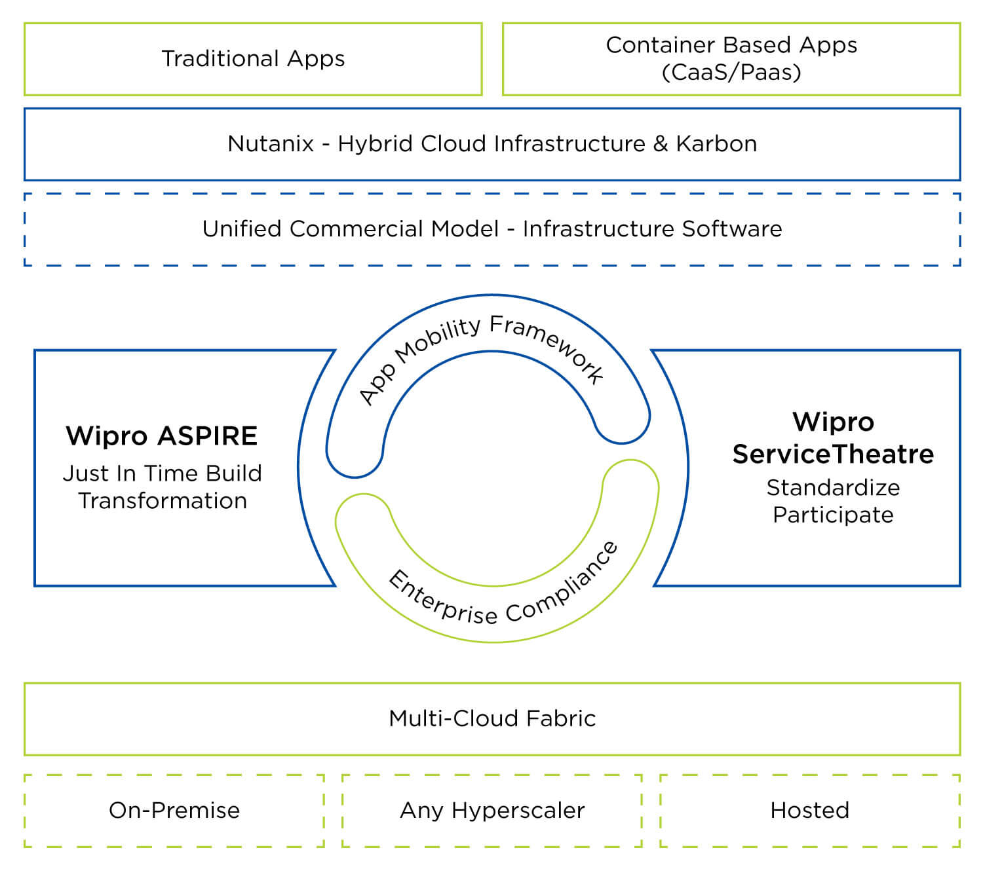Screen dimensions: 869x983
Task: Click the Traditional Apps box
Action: [253, 59]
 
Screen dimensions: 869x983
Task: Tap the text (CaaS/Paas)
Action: [731, 72]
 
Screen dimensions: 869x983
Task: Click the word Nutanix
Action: [271, 144]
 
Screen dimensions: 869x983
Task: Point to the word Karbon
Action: [716, 144]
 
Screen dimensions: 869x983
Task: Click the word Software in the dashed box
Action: [732, 229]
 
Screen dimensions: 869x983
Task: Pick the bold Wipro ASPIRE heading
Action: [162, 436]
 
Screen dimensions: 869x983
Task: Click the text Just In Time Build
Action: [162, 473]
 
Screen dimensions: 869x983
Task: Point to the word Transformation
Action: [163, 501]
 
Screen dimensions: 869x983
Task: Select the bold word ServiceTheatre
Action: [833, 454]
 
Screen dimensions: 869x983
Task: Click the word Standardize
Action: [833, 488]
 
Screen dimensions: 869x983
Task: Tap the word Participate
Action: [833, 515]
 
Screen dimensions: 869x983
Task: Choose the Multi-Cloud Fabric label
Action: [492, 719]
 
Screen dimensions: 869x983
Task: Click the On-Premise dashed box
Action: [174, 811]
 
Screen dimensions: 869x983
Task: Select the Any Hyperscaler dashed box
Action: [492, 811]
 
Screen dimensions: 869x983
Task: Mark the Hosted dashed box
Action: [809, 811]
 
